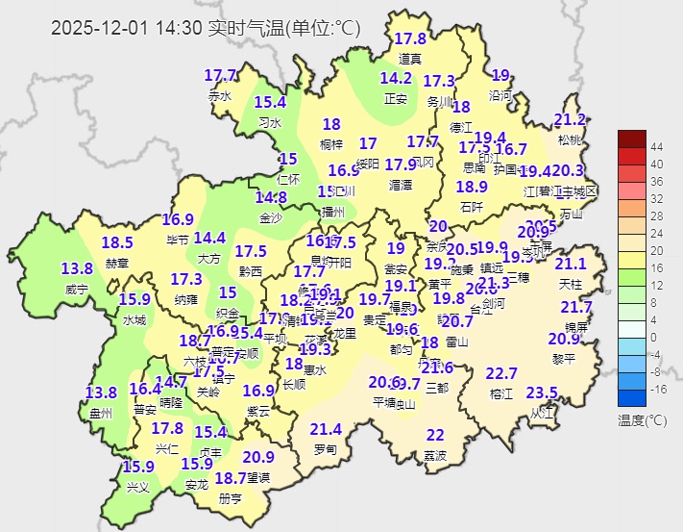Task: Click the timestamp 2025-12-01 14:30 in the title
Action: [x=127, y=29]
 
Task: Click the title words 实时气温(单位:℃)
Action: [x=284, y=29]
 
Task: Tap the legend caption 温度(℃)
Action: [x=642, y=420]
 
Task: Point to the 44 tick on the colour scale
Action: [x=657, y=146]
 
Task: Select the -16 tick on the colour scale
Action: [x=659, y=389]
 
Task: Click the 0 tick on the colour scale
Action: [x=654, y=337]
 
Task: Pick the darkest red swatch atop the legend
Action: [x=633, y=138]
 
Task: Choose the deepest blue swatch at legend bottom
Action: [x=633, y=397]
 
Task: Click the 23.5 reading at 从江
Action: [x=542, y=393]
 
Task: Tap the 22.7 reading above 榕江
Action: [x=501, y=373]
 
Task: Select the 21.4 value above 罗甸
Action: [x=326, y=429]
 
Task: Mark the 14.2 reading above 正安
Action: [x=396, y=78]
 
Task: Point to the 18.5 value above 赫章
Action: [x=117, y=242]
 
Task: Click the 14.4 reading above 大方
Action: [x=209, y=238]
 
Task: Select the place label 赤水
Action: [x=220, y=96]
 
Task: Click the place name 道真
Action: [x=410, y=59]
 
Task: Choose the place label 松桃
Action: [x=570, y=139]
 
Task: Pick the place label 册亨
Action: [x=231, y=498]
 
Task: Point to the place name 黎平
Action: [x=564, y=359]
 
